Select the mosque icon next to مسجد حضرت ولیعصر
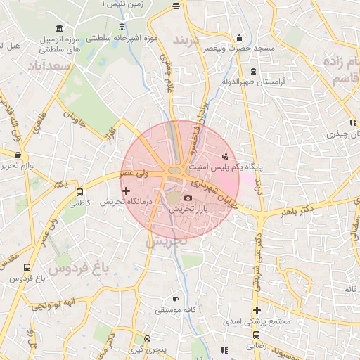coord(240,37)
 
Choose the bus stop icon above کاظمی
coord(79,191)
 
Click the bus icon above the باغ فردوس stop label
coord(27,267)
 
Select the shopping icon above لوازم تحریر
coord(17,154)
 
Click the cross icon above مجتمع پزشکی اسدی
coord(257,310)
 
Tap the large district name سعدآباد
coord(51,66)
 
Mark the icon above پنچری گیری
coord(145,338)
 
